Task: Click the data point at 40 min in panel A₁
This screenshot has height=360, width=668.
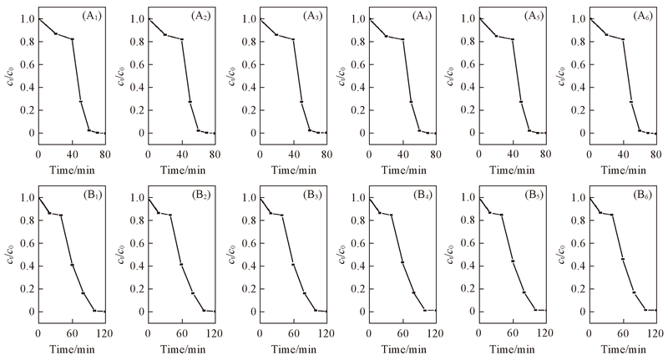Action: (x=73, y=39)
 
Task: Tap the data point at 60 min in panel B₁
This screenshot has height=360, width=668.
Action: (x=72, y=265)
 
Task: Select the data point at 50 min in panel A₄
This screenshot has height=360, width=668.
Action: (x=412, y=102)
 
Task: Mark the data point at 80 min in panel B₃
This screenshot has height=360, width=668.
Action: (x=303, y=293)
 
